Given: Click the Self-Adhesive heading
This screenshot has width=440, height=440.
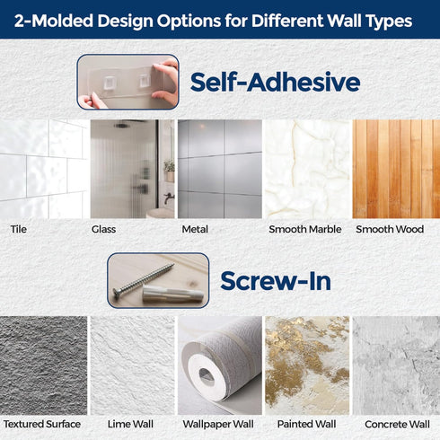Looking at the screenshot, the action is click(275, 82).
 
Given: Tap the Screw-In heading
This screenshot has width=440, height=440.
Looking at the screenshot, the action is click(276, 281).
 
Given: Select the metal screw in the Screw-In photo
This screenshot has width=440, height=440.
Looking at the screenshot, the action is click(143, 279).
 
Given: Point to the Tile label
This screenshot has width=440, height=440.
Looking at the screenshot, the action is click(19, 229).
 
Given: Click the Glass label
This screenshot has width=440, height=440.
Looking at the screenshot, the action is click(103, 229).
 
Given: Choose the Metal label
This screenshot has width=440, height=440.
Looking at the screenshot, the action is click(195, 229).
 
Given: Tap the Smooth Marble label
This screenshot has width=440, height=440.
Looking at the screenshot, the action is click(305, 229).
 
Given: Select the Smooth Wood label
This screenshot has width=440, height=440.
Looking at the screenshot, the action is click(390, 229).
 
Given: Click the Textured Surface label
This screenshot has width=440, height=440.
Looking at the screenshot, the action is click(42, 424).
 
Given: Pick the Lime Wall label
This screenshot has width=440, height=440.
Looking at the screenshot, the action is click(130, 424).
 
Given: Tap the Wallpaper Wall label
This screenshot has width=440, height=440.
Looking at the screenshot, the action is click(218, 424).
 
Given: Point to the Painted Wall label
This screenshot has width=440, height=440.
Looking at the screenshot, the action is click(306, 424).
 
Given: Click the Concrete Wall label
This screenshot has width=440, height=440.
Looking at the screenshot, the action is click(397, 424).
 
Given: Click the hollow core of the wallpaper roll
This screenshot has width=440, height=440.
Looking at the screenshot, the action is click(207, 376).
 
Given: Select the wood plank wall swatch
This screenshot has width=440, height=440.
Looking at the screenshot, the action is click(396, 169).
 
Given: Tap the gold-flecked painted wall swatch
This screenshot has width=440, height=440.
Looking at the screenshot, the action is click(307, 365).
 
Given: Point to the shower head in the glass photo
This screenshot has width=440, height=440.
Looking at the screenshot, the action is click(121, 125).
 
